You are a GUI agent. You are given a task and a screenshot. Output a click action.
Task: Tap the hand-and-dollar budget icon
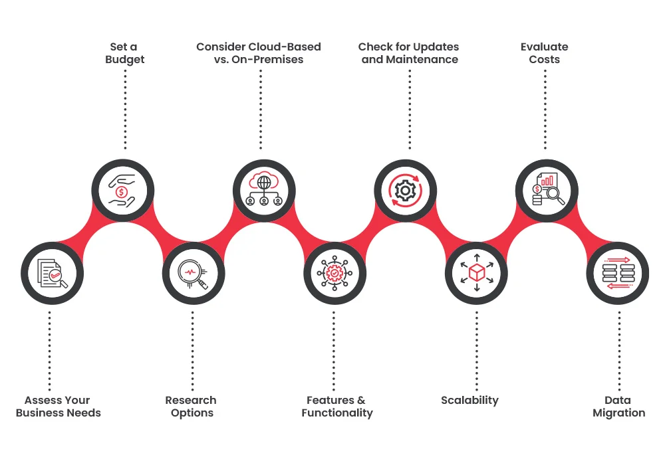click(x=123, y=191)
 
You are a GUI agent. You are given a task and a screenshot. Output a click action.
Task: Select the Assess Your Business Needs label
click(x=59, y=407)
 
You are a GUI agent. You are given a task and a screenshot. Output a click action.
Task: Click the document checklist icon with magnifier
click(x=53, y=273)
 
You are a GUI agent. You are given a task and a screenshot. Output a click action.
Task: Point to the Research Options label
click(x=192, y=407)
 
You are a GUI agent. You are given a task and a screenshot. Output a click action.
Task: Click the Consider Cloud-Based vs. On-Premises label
click(x=259, y=53)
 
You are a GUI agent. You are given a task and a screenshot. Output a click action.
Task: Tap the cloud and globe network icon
click(x=264, y=191)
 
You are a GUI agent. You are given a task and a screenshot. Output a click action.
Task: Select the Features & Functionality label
click(x=336, y=407)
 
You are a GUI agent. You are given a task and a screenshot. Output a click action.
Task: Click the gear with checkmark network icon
click(x=334, y=273)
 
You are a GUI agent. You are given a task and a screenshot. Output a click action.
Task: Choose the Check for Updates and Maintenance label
click(x=409, y=53)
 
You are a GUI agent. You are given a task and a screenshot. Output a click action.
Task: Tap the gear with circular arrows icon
click(x=405, y=191)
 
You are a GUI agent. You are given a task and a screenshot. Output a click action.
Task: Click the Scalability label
click(x=469, y=400)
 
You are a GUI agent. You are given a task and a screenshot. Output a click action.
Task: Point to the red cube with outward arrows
click(x=476, y=273)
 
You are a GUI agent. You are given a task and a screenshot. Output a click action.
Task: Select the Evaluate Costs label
click(x=544, y=53)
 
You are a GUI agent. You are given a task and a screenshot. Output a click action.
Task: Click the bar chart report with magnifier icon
click(x=547, y=191)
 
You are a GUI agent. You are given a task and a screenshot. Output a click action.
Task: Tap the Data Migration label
click(x=618, y=407)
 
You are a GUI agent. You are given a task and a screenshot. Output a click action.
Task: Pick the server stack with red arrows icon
click(x=618, y=273)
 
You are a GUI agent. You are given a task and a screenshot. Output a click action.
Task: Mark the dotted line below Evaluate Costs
click(x=545, y=110)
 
